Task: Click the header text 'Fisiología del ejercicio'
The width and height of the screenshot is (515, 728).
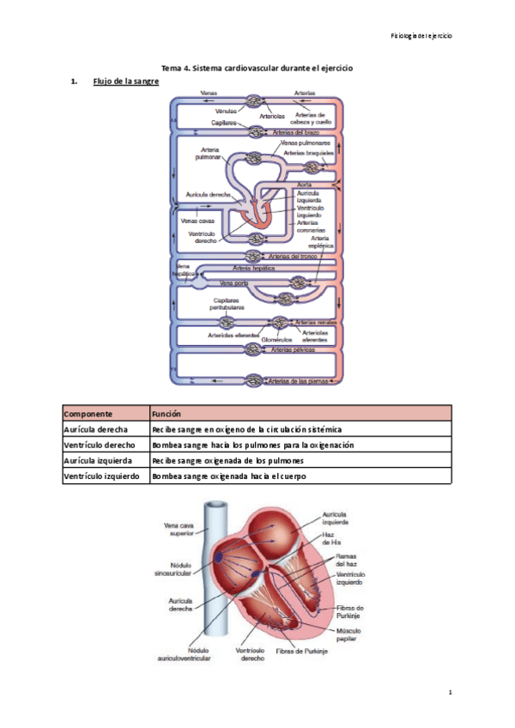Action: (421, 36)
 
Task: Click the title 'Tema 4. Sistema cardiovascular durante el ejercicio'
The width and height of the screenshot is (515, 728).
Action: (257, 68)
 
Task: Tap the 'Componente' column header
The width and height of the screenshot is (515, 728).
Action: (90, 412)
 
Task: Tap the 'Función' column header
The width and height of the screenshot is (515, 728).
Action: (167, 412)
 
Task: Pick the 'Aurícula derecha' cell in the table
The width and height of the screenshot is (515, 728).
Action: (96, 428)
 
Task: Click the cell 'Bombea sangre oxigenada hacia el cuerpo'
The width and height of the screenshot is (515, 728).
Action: (228, 476)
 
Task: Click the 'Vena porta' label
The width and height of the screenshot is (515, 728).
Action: (234, 282)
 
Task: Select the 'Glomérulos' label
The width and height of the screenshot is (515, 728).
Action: (277, 340)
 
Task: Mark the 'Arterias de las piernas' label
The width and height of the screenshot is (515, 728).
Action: (298, 380)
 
